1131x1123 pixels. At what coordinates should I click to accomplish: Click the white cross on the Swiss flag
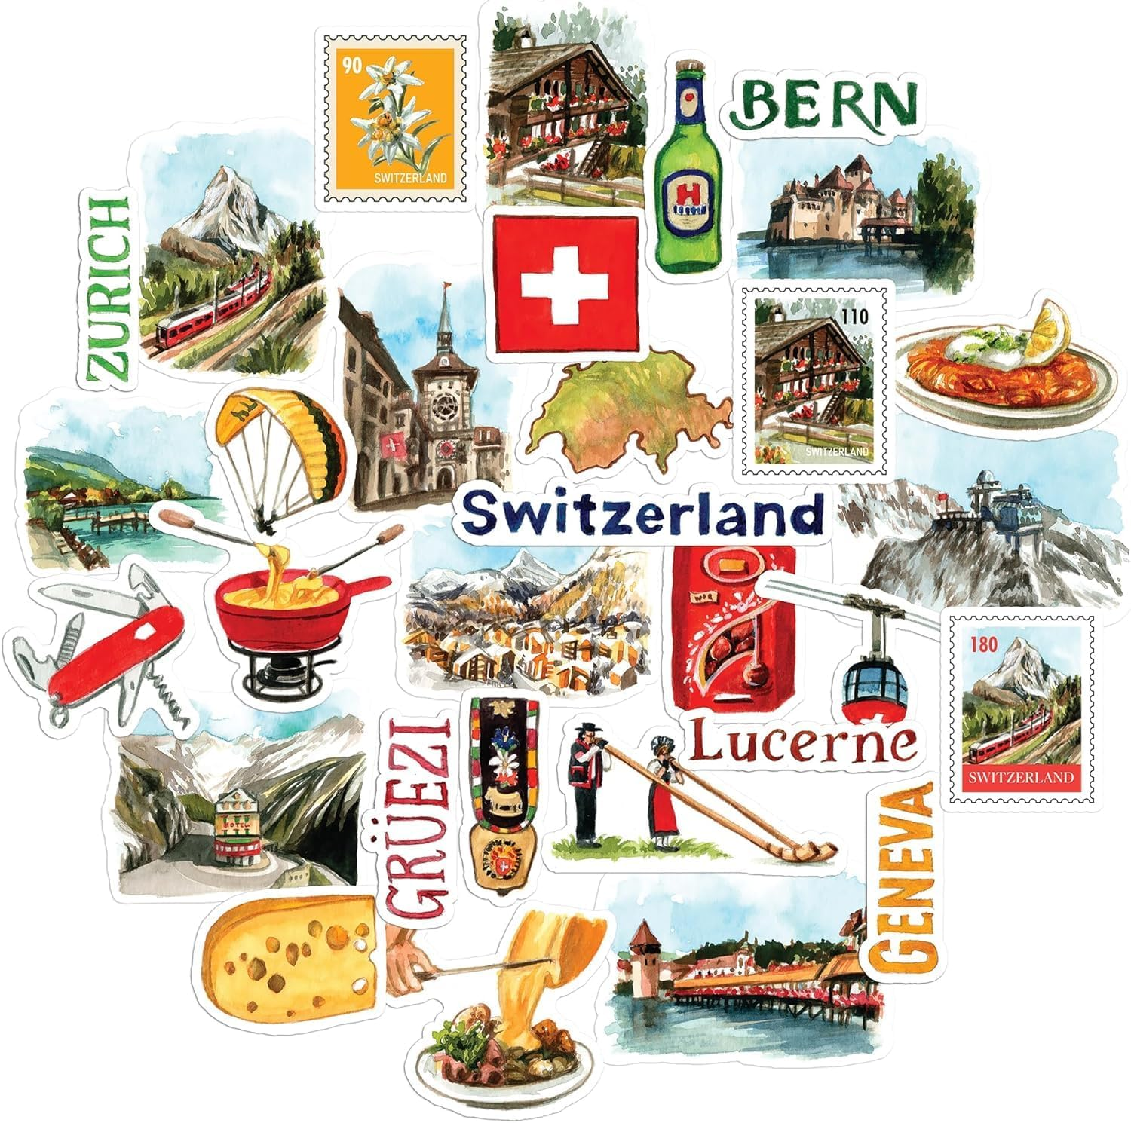(x=565, y=286)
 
